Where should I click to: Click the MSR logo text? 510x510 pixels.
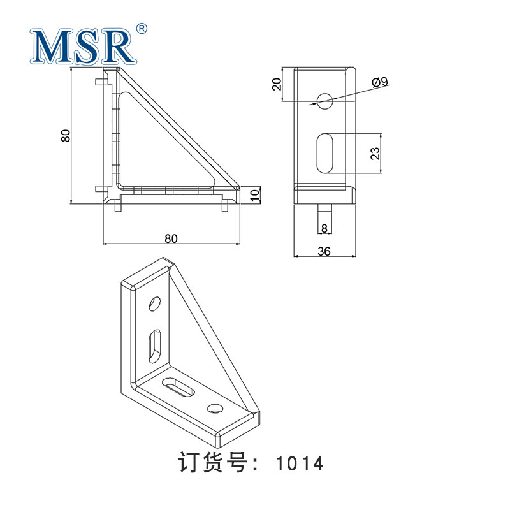pos(84,47)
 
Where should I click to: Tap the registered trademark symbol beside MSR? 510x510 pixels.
pos(142,29)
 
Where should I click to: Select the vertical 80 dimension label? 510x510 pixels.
pos(66,135)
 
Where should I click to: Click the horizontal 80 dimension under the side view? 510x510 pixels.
pos(171,238)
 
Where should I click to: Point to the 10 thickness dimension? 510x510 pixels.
pos(256,194)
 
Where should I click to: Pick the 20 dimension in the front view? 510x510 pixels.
pos(277,84)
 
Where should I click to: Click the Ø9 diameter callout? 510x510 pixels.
pos(379,82)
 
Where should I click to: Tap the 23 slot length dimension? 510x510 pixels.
pos(375,153)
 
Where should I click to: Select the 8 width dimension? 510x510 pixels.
pos(324,228)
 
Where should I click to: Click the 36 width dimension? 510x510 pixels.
pos(324,251)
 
